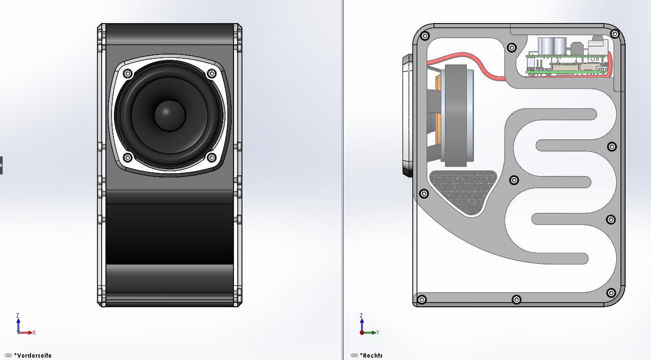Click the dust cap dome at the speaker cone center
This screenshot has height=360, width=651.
pos(170,115)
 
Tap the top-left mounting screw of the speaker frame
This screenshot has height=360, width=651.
pos(128,73)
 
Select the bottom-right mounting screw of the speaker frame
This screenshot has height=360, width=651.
pos(211,158)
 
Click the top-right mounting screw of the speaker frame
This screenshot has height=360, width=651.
pos(211,73)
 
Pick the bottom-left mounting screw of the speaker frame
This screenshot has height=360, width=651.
pos(128,158)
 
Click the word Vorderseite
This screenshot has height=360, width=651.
pos(33,355)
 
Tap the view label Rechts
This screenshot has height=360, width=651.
pos(371,355)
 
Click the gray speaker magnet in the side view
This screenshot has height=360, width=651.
pos(456,115)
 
